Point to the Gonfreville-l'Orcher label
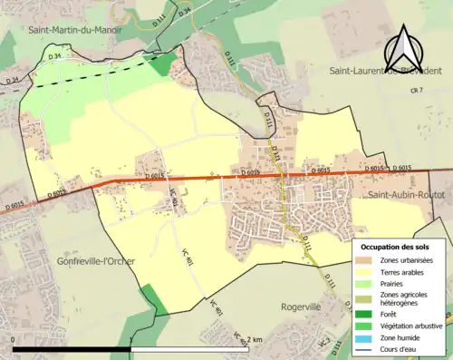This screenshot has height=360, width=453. [x=93, y=261]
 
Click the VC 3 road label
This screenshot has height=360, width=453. [x=323, y=340]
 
